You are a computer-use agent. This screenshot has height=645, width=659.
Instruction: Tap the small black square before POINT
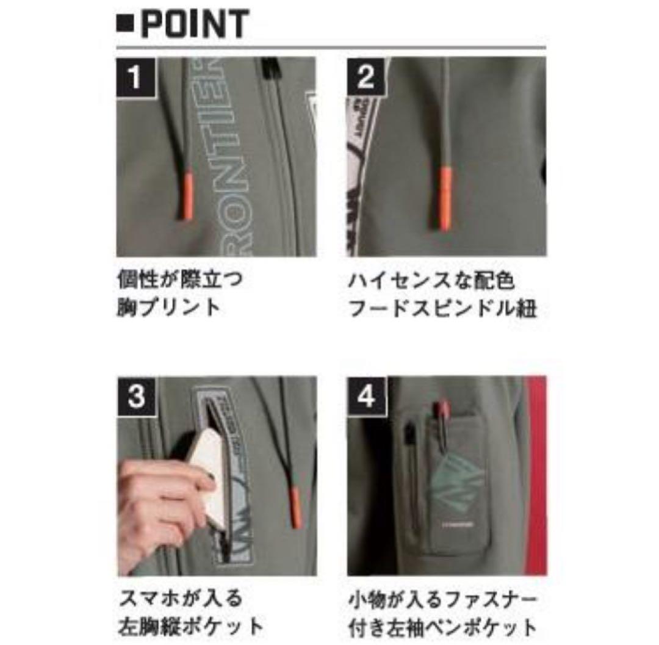point(124,26)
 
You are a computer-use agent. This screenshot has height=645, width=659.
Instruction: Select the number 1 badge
point(135,76)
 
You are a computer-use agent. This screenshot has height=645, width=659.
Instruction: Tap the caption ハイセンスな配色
point(431,281)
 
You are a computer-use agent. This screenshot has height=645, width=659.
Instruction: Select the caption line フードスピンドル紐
point(442,308)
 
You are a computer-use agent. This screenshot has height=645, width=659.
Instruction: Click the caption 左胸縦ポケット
point(190,626)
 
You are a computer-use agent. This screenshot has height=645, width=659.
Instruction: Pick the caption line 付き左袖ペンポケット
point(442,626)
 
